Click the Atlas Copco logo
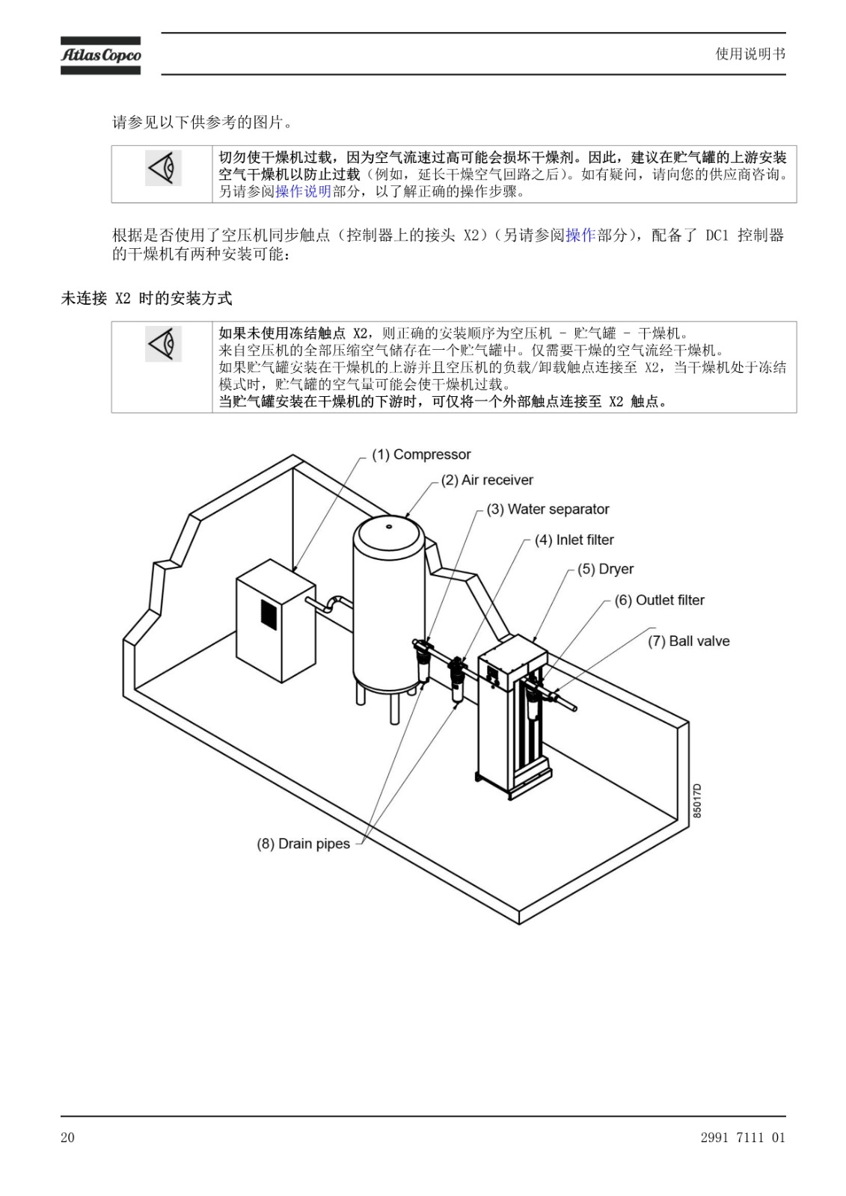click(x=100, y=55)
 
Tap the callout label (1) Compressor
click(x=421, y=454)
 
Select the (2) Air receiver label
click(x=487, y=480)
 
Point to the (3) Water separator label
click(x=548, y=509)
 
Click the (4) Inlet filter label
click(x=574, y=540)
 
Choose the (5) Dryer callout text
click(x=605, y=569)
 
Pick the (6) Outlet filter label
click(x=660, y=600)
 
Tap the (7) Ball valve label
click(x=689, y=641)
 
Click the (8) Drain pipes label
click(x=303, y=844)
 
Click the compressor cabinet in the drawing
click(x=275, y=620)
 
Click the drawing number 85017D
click(x=697, y=801)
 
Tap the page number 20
click(x=67, y=1137)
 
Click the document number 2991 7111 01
click(x=743, y=1137)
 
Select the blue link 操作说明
click(x=303, y=191)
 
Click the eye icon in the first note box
click(x=163, y=168)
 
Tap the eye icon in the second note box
click(x=163, y=344)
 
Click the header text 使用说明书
click(x=750, y=54)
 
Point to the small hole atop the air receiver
click(x=389, y=526)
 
